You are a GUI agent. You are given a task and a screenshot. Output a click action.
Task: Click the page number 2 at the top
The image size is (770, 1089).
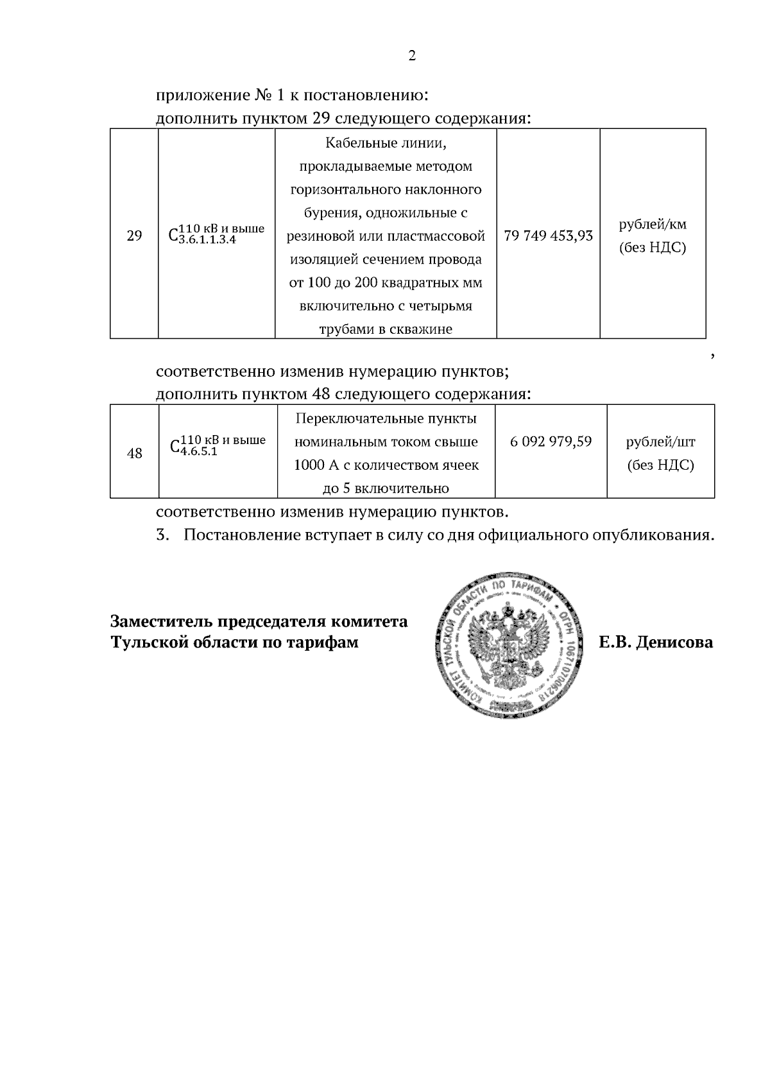(412, 56)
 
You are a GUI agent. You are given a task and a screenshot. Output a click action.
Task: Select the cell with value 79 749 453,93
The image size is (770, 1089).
(548, 236)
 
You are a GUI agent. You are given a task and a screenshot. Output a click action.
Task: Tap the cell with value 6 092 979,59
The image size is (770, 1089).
(551, 442)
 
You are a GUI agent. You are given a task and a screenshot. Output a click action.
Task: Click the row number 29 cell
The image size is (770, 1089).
(134, 236)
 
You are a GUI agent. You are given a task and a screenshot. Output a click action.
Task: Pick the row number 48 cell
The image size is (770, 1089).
(135, 453)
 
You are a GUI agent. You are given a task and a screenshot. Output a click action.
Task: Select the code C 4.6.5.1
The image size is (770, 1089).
(218, 443)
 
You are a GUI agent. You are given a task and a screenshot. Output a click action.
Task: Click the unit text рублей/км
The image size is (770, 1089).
(653, 225)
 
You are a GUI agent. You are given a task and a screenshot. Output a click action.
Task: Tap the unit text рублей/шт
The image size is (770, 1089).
(660, 442)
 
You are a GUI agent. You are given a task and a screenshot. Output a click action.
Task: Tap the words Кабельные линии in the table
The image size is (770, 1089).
(386, 142)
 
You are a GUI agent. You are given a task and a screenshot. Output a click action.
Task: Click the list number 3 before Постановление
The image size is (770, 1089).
(162, 535)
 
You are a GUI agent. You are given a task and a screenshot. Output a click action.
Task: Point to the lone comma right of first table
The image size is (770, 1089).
(713, 355)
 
